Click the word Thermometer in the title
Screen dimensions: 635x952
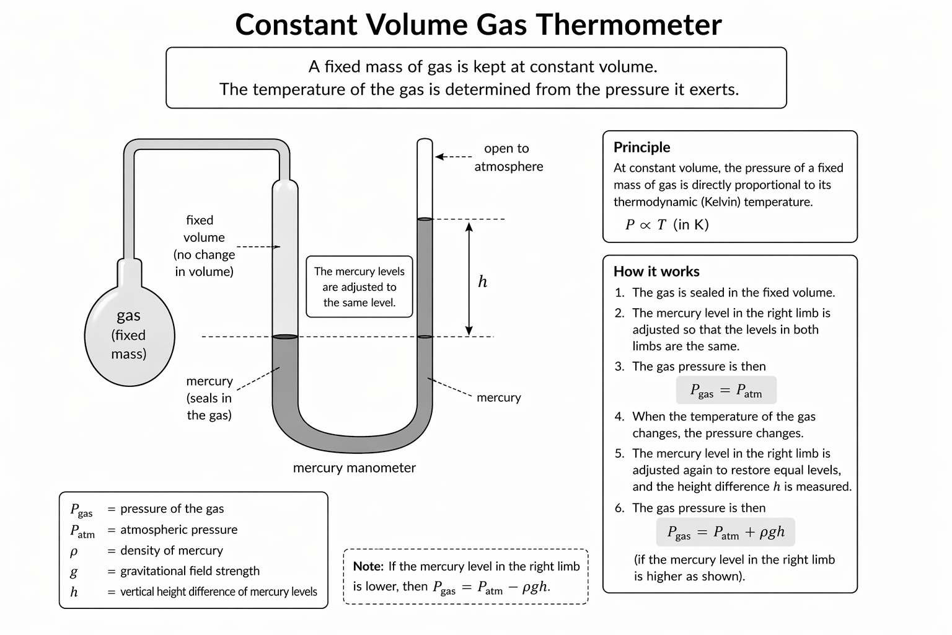coord(628,25)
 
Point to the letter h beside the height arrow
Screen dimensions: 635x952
coord(482,282)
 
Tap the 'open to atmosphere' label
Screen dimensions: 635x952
coord(508,158)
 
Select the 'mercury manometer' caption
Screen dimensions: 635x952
coord(354,468)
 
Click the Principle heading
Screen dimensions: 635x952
coord(641,148)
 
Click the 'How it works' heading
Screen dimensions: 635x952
coord(656,272)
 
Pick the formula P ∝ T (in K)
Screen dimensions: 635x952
coord(666,224)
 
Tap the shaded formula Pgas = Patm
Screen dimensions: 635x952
coord(726,391)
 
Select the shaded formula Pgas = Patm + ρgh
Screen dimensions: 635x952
coord(725,532)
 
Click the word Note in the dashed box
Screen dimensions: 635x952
coord(368,566)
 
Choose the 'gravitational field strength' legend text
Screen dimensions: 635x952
coord(190,571)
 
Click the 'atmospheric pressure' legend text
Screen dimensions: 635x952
coord(178,530)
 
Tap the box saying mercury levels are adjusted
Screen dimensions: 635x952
coord(359,287)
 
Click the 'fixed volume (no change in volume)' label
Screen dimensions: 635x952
coord(205,246)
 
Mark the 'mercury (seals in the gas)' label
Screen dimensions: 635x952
coord(209,398)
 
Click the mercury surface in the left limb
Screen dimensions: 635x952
coord(285,337)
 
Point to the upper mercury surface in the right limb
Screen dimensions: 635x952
coord(425,219)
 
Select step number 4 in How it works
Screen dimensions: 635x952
coord(619,417)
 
